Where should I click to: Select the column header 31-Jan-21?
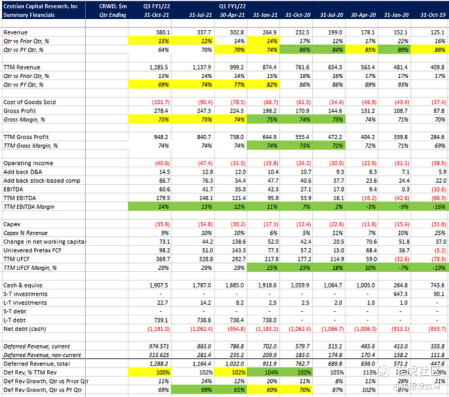[x=265, y=15]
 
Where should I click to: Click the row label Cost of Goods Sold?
[x=30, y=102]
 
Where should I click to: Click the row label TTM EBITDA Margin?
[x=29, y=207]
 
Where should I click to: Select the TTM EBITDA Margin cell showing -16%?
[x=437, y=207]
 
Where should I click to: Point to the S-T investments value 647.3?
[x=402, y=294]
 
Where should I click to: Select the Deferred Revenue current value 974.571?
[x=158, y=347]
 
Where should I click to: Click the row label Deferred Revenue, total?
[x=37, y=364]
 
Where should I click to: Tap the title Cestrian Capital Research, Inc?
[x=40, y=7]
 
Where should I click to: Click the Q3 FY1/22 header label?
[x=157, y=7]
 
